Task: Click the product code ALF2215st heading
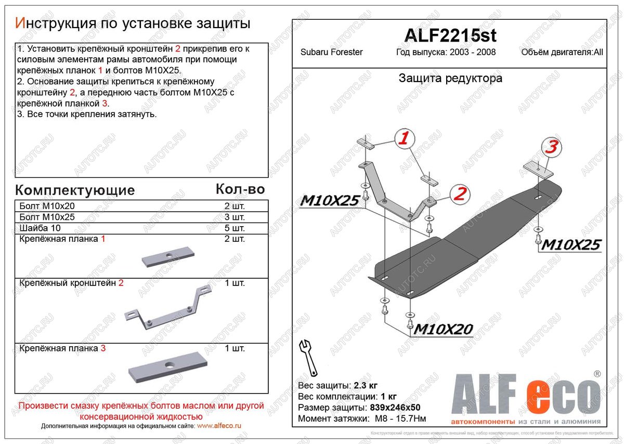coord(450,35)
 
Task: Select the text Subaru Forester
coord(332,52)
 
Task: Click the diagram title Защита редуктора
coord(450,79)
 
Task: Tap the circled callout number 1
coord(405,138)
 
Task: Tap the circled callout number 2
coord(459,194)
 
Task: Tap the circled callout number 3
coord(552,147)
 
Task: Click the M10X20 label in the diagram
coord(442,329)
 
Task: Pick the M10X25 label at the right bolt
coord(571,244)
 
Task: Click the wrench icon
coord(307,357)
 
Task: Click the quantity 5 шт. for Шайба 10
coord(235,228)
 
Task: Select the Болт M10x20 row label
coord(47,206)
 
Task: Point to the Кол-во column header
coord(240,189)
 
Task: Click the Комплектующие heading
coord(75,190)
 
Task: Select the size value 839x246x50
coord(396,408)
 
